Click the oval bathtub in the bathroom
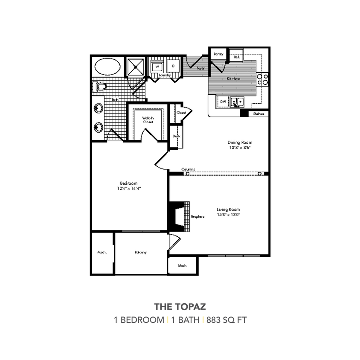107,67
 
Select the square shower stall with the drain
136,67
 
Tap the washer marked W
157,67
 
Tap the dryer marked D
173,67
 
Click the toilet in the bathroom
100,87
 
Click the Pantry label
218,54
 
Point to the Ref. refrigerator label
237,57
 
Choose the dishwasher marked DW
223,102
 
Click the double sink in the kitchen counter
236,102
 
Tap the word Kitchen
233,79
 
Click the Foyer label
200,68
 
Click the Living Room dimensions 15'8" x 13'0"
229,215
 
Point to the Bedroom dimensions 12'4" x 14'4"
129,188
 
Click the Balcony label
141,252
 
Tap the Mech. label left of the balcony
102,252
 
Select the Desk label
176,136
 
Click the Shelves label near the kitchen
258,114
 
